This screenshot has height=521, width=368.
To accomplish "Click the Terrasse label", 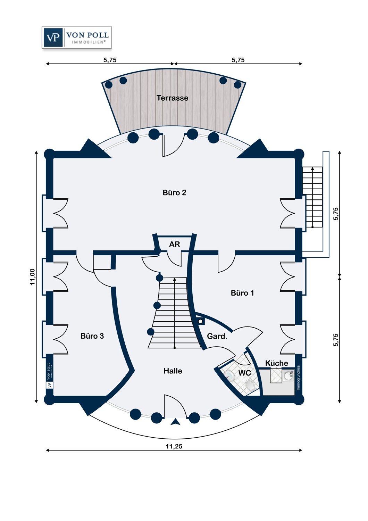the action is click(x=172, y=98).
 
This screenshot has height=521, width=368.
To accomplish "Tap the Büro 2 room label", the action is click(x=174, y=192).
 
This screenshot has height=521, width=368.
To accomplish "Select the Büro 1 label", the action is click(x=242, y=293).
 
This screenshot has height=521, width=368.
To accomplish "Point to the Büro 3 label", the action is click(x=92, y=336).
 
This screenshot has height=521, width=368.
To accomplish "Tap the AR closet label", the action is click(x=174, y=244).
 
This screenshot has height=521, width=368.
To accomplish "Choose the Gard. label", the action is click(x=217, y=336).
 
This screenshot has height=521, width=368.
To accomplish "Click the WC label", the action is click(x=244, y=373).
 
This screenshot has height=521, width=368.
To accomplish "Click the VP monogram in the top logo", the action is click(x=53, y=38).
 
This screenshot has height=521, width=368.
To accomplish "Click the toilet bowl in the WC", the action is click(x=250, y=386).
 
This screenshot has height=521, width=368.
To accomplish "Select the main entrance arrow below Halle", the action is click(x=175, y=422).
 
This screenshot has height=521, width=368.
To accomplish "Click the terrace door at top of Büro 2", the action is click(x=173, y=146).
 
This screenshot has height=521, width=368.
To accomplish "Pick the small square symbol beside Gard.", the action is click(x=201, y=322).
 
